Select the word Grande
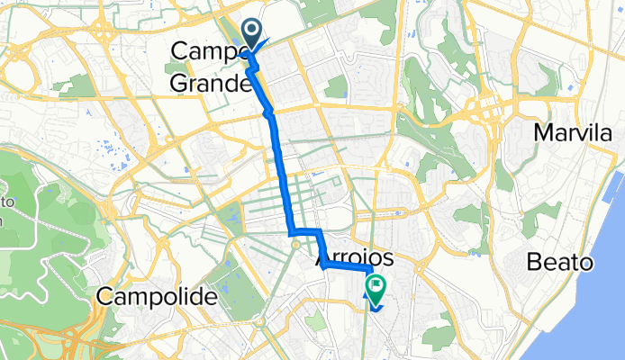pyautogui.click(x=210, y=85)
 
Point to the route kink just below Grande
pyautogui.click(x=267, y=112)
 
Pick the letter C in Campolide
pyautogui.click(x=106, y=295)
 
